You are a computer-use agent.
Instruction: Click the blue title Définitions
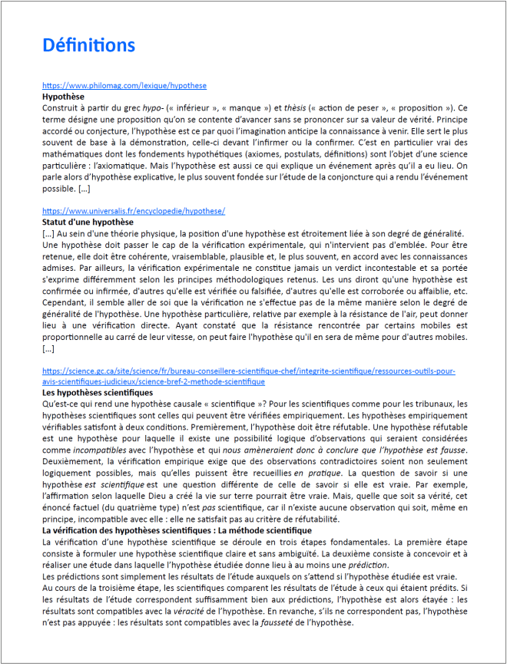click(x=88, y=45)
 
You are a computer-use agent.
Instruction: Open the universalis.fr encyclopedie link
click(x=133, y=211)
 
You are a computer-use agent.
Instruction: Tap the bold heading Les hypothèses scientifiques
click(x=98, y=392)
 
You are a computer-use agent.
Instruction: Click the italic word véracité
click(x=198, y=611)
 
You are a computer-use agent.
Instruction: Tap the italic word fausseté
click(x=260, y=622)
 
